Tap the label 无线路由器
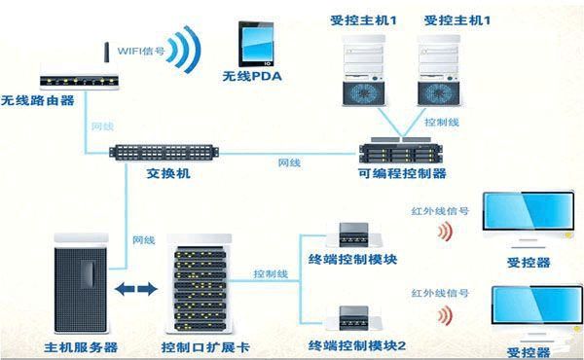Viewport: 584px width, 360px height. (38, 100)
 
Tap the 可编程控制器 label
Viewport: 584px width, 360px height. (402, 173)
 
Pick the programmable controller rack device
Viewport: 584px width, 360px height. (402, 152)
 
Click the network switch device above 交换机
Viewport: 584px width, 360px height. (166, 154)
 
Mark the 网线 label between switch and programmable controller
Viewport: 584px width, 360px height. (289, 162)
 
